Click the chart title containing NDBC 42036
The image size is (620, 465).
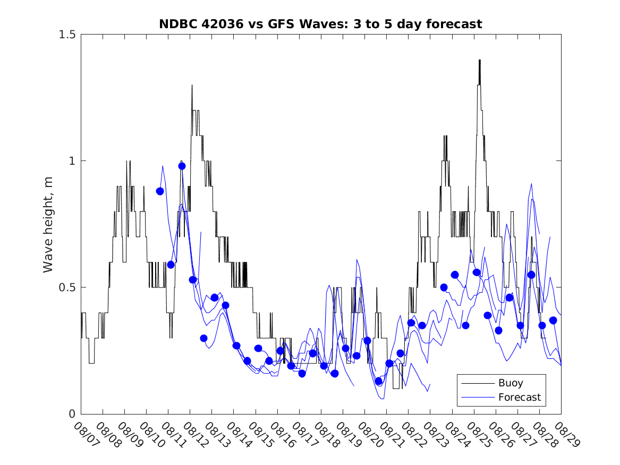(320, 24)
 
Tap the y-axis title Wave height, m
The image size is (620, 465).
(48, 224)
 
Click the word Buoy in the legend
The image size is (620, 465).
(510, 383)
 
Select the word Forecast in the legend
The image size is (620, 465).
(519, 397)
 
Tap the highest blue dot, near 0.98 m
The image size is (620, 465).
(182, 166)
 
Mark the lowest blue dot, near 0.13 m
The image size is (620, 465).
(378, 381)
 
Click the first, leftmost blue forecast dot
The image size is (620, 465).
(160, 191)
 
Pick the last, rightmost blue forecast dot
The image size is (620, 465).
(553, 320)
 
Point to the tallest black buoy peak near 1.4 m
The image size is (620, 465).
(479, 61)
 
